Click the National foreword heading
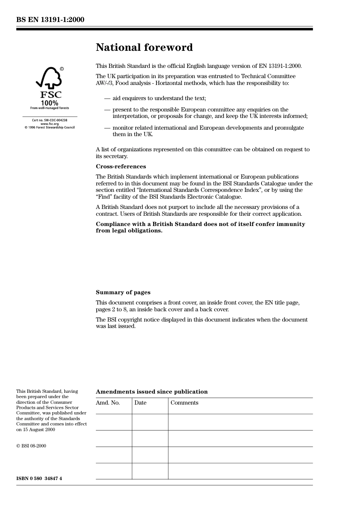[144, 47]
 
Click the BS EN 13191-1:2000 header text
[50, 19]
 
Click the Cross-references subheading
[121, 166]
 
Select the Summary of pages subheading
[123, 292]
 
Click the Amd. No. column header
[108, 403]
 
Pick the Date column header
[140, 403]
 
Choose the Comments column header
[184, 403]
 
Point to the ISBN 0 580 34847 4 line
[39, 478]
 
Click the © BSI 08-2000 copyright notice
[31, 446]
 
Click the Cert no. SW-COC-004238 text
[49, 120]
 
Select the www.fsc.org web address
[49, 124]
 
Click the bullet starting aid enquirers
[159, 98]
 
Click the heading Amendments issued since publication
[152, 392]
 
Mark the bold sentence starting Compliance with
[200, 227]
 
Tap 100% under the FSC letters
[49, 103]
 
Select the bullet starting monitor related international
[208, 131]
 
